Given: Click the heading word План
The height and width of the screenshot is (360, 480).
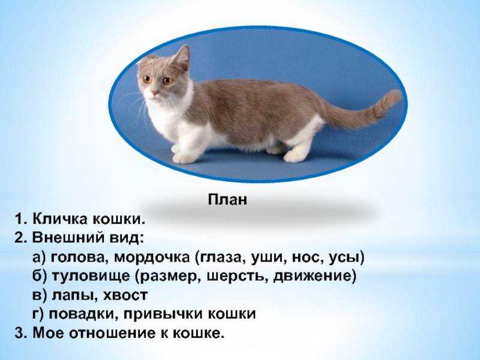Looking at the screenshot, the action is pos(227,200).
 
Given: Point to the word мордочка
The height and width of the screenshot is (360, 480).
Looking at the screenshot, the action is pos(152,258).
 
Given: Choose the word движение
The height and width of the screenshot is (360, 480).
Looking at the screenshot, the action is pos(314,277).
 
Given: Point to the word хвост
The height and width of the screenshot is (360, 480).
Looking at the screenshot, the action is pos(125,295).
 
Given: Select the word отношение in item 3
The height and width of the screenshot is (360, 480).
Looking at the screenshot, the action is pos(113,333).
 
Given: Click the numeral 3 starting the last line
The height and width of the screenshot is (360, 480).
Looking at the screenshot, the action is pos(19,333).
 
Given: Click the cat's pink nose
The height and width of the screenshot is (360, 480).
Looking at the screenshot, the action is pos(155,92).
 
